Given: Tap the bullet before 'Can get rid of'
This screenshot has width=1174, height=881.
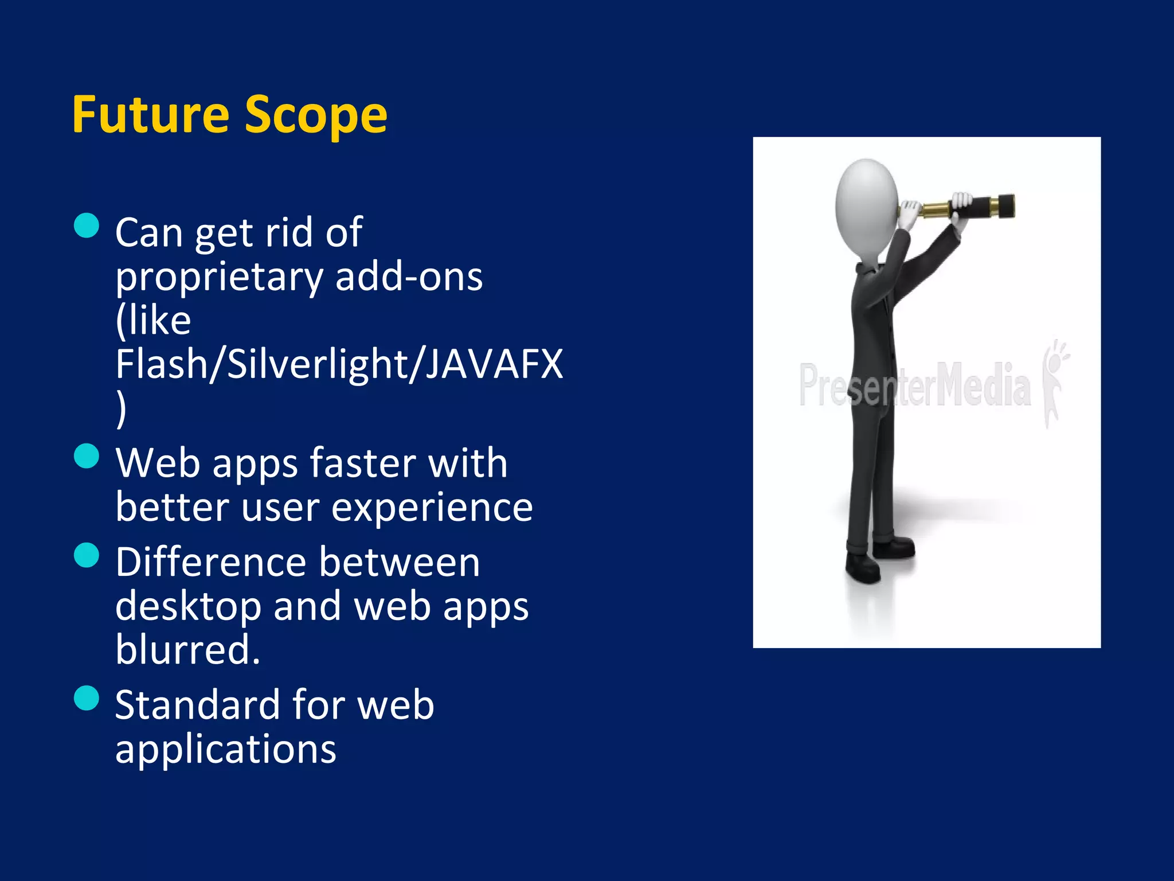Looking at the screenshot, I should click(x=87, y=225).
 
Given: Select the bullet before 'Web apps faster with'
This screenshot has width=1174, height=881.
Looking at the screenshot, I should click(x=87, y=456).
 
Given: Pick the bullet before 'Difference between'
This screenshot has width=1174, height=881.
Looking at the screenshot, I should click(x=87, y=555).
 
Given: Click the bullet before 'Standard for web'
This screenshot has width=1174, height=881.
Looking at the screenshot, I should click(x=87, y=698).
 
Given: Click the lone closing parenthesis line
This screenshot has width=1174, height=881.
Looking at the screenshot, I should click(x=121, y=408).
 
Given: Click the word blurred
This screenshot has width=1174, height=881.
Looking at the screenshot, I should click(x=187, y=650).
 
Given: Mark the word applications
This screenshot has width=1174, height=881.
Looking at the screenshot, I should click(x=225, y=750).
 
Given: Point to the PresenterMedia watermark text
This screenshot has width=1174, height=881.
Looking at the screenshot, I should click(x=914, y=385).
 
